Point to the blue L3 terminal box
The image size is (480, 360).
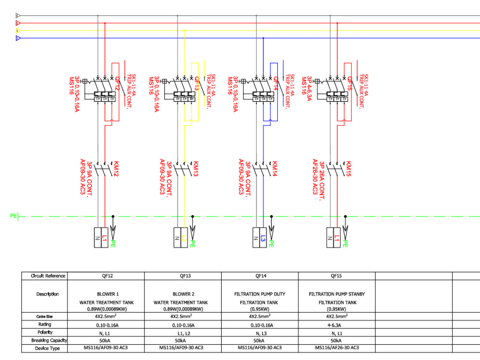tap(263, 238)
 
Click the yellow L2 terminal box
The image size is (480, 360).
tap(184, 238)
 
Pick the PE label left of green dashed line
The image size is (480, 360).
tap(13, 216)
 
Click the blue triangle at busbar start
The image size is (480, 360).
tap(18, 38)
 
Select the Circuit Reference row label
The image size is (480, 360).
tap(48, 276)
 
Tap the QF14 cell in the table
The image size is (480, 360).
tap(260, 276)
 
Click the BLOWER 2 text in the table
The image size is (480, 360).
tap(183, 294)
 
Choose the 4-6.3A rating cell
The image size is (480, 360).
tap(337, 324)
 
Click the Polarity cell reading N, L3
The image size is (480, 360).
tap(260, 332)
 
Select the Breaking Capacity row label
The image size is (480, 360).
tap(48, 340)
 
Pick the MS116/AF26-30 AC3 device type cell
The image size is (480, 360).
tap(337, 348)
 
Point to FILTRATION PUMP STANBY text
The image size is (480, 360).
tap(337, 294)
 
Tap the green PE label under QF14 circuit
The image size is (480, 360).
tap(271, 243)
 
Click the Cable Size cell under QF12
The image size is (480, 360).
tap(106, 316)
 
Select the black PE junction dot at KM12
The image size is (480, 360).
tap(113, 216)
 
